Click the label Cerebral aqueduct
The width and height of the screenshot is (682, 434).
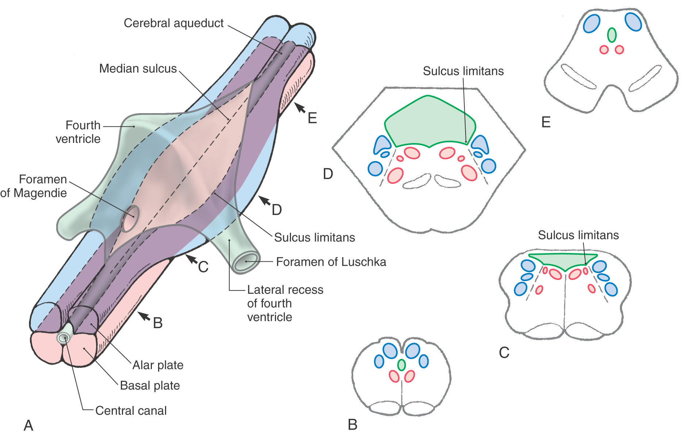click(x=173, y=23)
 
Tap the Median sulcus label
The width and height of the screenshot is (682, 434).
click(x=138, y=69)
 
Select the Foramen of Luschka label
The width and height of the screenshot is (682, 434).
click(x=331, y=262)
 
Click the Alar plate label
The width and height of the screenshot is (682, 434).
click(x=158, y=365)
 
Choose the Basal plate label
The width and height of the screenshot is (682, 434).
click(x=150, y=385)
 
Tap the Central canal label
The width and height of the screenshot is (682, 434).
click(x=131, y=411)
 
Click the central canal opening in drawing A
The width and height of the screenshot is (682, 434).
click(x=65, y=338)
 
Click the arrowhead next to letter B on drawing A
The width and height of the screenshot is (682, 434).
click(x=143, y=316)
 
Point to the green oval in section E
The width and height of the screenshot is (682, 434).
click(x=612, y=35)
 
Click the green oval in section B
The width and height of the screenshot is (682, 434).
click(x=402, y=365)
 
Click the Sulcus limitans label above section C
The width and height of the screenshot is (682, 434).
click(x=578, y=235)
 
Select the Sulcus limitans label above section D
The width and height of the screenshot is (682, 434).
click(x=463, y=71)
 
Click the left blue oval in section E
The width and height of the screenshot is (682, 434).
click(x=591, y=24)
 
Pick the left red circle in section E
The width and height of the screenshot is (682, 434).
click(x=604, y=50)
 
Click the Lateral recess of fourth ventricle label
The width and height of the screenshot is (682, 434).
click(x=285, y=303)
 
